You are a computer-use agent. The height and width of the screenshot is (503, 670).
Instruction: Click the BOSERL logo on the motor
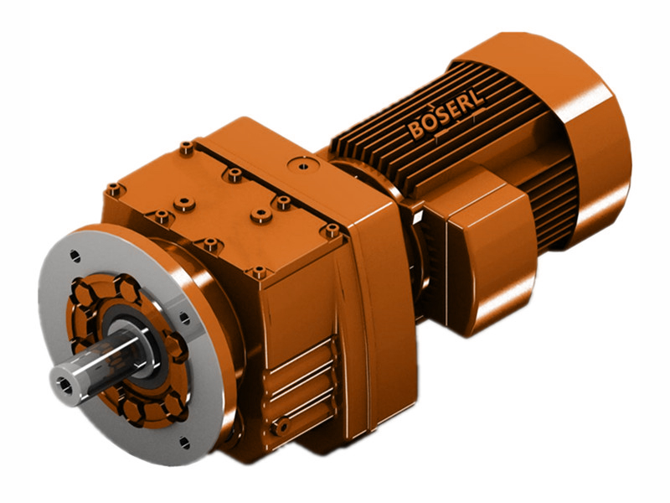446,122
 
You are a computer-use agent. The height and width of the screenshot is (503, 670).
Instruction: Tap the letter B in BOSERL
416,132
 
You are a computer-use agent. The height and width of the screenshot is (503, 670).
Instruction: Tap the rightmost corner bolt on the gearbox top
332,228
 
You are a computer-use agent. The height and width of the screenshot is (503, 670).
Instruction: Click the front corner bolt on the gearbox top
259,272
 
